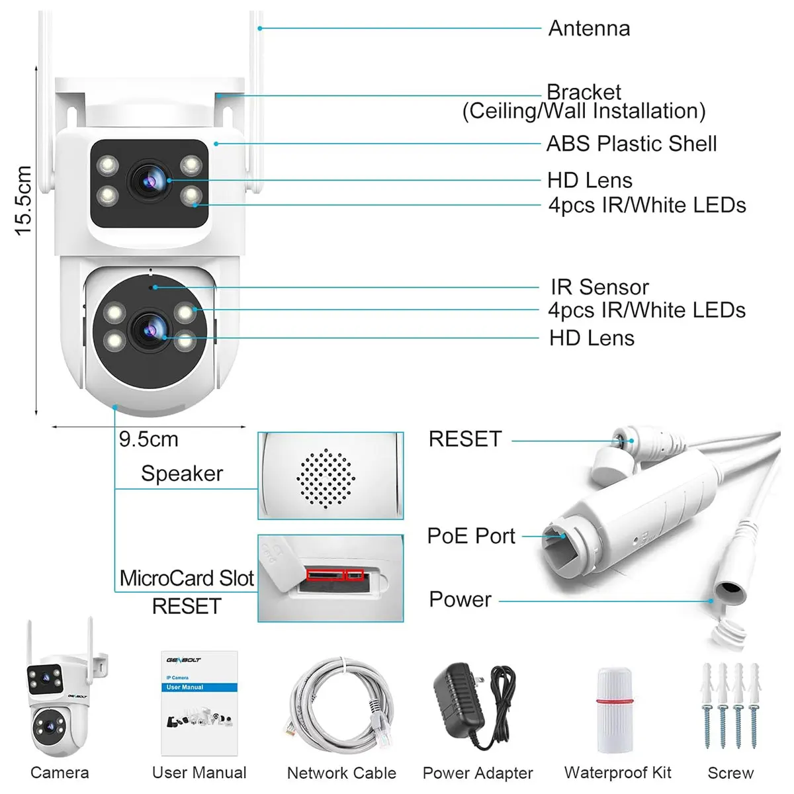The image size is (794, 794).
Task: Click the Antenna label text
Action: coord(589,28)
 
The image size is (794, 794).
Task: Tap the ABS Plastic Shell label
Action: coord(631,144)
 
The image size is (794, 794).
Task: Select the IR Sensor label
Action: coord(599,287)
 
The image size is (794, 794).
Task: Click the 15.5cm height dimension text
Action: coord(23,200)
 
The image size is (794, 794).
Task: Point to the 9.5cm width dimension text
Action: coord(149,439)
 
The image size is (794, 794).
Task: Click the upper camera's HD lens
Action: coord(149,181)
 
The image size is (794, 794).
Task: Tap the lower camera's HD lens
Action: coord(149,330)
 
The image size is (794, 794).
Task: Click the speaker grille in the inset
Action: coord(326,478)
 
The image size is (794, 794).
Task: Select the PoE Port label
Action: coord(471,536)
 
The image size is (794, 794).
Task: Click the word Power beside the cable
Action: coord(461,599)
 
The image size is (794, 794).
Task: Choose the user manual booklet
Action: coord(199,703)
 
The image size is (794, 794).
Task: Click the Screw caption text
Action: coord(730,773)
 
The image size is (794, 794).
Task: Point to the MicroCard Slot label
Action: coord(186,578)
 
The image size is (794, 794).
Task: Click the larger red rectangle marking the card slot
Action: coord(325,575)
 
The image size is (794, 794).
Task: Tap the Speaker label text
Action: coord(182,474)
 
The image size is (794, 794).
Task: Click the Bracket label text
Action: coord(584,92)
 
